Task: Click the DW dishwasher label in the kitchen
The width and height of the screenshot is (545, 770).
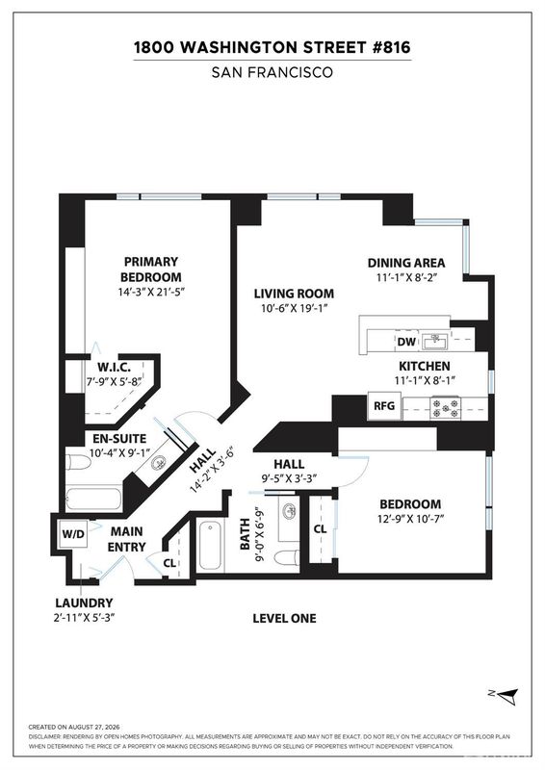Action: click(406, 343)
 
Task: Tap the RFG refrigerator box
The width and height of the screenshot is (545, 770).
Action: click(385, 406)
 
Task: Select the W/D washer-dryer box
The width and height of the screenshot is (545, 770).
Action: click(73, 534)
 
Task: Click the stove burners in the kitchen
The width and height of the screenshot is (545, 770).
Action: click(446, 408)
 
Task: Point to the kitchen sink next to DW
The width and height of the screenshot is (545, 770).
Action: click(434, 342)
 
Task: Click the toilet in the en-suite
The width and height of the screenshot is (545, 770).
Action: click(78, 462)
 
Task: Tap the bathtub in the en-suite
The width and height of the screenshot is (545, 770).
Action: click(93, 499)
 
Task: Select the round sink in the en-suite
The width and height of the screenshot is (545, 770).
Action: click(159, 463)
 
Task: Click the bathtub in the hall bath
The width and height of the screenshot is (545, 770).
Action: click(211, 545)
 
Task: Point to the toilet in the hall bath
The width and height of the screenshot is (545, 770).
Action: click(286, 558)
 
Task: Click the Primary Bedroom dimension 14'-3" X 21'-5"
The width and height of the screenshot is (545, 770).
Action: click(151, 292)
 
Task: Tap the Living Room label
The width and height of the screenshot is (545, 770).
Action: click(294, 294)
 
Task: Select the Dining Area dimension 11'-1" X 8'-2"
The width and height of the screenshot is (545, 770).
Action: click(406, 277)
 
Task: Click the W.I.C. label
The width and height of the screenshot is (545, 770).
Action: click(114, 367)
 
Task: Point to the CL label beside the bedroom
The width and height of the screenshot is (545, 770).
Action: click(320, 528)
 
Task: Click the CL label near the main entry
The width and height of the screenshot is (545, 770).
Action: click(169, 563)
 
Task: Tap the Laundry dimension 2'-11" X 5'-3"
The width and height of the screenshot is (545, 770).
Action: click(84, 617)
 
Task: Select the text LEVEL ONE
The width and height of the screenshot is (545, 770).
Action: click(285, 618)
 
